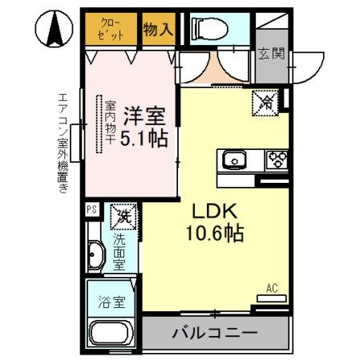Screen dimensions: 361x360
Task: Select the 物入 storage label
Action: point(158,30)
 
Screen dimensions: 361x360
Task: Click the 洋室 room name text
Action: point(144,115)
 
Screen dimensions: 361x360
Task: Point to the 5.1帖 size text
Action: point(144,138)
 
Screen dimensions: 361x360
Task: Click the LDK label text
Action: point(212,211)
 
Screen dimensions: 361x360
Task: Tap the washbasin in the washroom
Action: point(95,254)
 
